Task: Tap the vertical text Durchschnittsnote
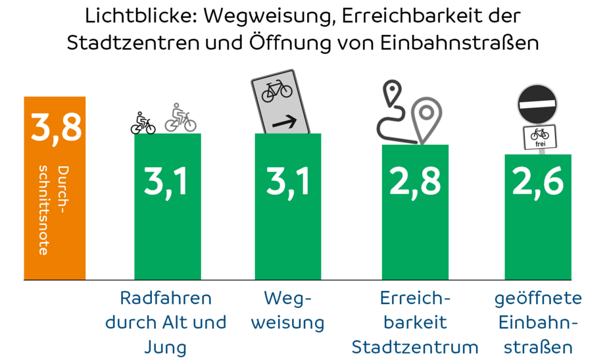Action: click(x=53, y=211)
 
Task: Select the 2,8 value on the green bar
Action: click(x=415, y=182)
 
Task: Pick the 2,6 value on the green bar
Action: click(x=538, y=182)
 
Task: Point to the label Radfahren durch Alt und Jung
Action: click(x=166, y=322)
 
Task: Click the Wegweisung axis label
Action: click(x=288, y=310)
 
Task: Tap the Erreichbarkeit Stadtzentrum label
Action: click(x=415, y=322)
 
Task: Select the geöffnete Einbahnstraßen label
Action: click(x=538, y=322)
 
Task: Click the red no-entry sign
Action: click(x=538, y=103)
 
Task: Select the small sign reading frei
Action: click(x=539, y=137)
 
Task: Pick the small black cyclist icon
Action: click(x=143, y=123)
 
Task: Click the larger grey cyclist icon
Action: click(x=180, y=118)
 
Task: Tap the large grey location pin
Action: click(x=427, y=119)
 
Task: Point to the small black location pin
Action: click(x=393, y=93)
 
